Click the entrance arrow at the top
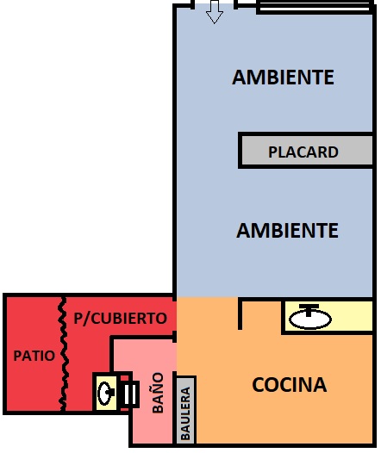(214, 12)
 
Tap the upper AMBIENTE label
(283, 78)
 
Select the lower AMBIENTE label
(287, 231)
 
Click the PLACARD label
(303, 152)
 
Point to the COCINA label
(290, 384)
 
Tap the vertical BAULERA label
(185, 413)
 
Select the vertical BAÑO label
(158, 393)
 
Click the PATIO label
(34, 356)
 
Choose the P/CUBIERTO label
(121, 319)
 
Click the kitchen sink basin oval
(310, 319)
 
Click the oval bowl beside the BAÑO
(104, 393)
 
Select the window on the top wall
(315, 7)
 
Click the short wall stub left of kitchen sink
(240, 313)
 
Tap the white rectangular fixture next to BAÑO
(129, 394)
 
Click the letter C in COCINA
(259, 384)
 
